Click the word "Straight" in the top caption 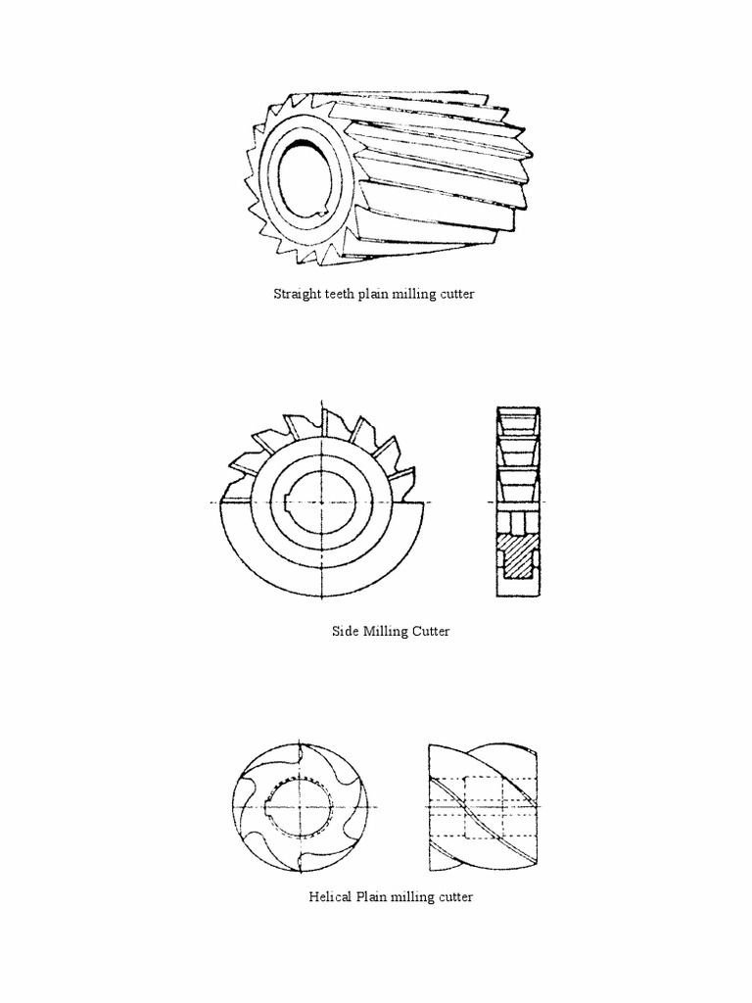[296, 295]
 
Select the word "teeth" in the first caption [340, 295]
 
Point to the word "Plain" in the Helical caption [375, 897]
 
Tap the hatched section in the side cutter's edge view [517, 558]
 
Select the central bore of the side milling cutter [321, 501]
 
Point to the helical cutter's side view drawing [483, 809]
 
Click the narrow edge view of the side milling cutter [518, 501]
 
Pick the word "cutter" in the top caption [455, 295]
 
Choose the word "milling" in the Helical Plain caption [416, 897]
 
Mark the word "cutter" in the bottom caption [455, 897]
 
